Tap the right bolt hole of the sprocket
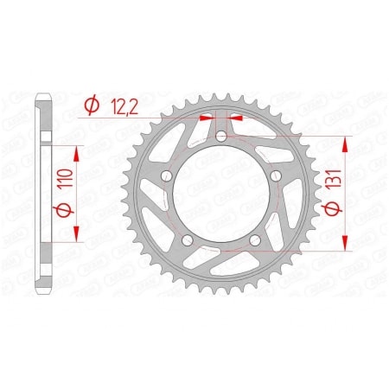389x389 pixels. coord(277,177)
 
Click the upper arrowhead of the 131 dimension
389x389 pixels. coord(347,141)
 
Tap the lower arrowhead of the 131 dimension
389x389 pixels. coord(347,246)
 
